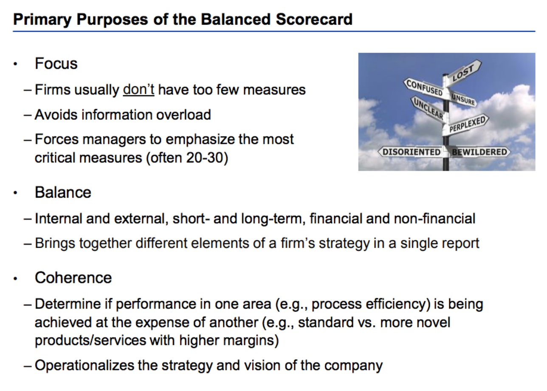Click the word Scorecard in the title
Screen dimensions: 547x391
pyautogui.click(x=314, y=19)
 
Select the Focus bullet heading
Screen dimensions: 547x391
pyautogui.click(x=56, y=64)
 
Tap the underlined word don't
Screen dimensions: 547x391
pyautogui.click(x=138, y=89)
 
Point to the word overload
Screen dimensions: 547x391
pyautogui.click(x=183, y=115)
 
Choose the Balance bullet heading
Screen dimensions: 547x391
pyautogui.click(x=63, y=193)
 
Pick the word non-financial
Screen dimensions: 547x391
pyautogui.click(x=435, y=218)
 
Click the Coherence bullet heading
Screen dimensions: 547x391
pyautogui.click(x=73, y=278)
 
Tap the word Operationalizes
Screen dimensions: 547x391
pyautogui.click(x=85, y=365)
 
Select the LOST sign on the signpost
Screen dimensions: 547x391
pyautogui.click(x=463, y=73)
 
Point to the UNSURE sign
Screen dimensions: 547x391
pyautogui.click(x=463, y=99)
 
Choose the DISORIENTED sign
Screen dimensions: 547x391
pyautogui.click(x=411, y=152)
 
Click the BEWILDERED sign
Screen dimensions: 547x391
pyautogui.click(x=479, y=152)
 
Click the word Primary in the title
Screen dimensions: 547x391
pyautogui.click(x=42, y=20)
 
